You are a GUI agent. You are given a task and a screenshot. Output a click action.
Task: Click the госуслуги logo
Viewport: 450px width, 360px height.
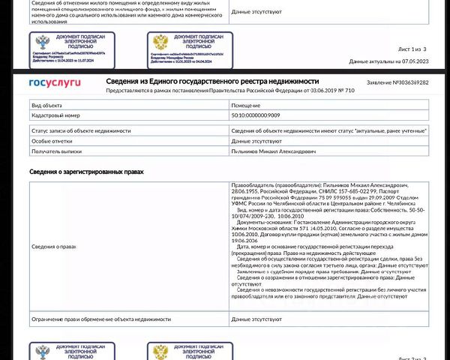tap(55, 82)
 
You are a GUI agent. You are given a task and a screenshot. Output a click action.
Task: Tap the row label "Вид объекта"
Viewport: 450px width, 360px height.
tap(46, 106)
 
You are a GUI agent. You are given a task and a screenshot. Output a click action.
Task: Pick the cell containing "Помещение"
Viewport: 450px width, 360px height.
tap(247, 106)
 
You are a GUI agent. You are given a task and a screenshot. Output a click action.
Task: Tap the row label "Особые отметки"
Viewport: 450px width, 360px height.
tap(51, 140)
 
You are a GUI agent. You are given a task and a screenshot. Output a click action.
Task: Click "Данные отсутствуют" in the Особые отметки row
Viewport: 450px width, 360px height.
tap(256, 140)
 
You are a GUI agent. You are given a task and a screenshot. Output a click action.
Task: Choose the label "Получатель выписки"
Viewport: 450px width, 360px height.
tap(56, 151)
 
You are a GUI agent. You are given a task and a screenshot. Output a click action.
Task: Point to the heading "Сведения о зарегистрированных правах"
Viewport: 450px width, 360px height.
tap(86, 172)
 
